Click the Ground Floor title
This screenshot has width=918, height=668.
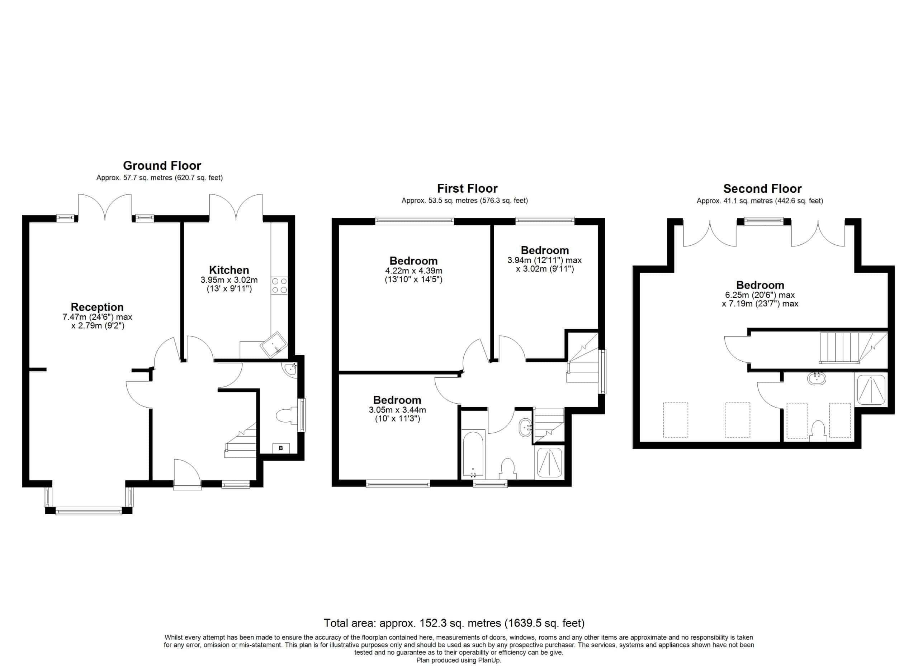tap(162, 166)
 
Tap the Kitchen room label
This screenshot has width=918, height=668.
tap(229, 270)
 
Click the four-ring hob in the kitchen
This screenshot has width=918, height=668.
tap(280, 285)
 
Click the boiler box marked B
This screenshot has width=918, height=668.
tap(281, 448)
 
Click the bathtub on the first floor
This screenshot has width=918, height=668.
tap(473, 454)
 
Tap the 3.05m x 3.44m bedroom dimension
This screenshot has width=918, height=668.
tap(397, 410)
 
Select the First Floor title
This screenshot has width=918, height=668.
tap(467, 188)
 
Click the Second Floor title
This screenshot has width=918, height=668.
tap(762, 189)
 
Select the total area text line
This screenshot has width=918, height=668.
tap(454, 623)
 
